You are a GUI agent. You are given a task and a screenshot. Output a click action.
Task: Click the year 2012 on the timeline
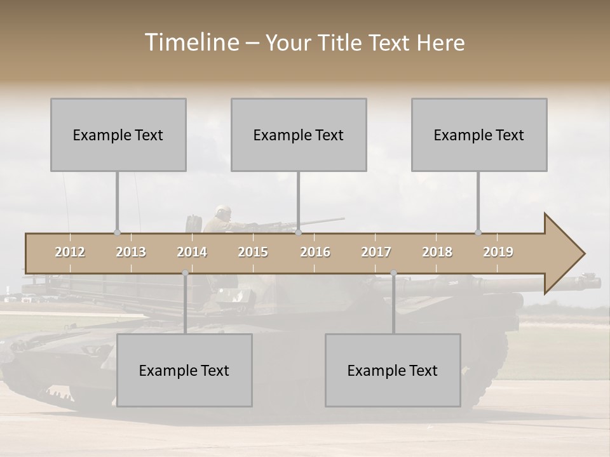[70, 252]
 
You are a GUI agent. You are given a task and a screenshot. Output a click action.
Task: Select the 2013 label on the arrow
[131, 252]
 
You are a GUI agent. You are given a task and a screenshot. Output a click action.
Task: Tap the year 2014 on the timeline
[192, 252]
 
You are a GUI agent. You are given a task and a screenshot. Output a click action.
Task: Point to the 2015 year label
[253, 252]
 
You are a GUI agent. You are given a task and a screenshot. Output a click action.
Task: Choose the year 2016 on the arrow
[315, 252]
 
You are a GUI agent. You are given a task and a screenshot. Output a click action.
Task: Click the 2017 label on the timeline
[376, 252]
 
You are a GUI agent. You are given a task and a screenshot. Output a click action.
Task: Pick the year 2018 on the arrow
[437, 252]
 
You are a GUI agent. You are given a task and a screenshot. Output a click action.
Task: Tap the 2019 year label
[498, 252]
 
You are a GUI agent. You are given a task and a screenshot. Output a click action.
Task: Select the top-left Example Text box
[118, 135]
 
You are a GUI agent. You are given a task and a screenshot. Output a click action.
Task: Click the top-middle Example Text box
[299, 135]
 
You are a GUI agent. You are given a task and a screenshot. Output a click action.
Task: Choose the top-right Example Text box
[479, 135]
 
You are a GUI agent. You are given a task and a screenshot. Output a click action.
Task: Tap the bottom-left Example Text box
[184, 370]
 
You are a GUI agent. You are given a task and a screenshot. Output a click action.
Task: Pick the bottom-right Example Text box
[393, 370]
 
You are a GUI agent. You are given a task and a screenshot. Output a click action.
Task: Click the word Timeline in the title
[191, 43]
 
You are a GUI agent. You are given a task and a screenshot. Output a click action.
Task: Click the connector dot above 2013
[117, 232]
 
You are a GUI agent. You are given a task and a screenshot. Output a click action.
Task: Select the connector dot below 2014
[186, 273]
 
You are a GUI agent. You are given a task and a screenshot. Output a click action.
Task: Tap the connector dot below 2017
[394, 273]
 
